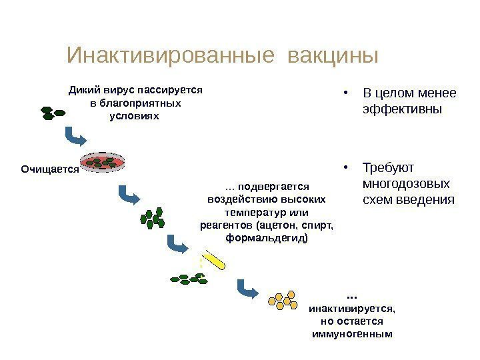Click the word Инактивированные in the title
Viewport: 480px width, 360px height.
(171, 55)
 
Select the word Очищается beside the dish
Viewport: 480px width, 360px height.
(50, 170)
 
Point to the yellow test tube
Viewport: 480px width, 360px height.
(216, 259)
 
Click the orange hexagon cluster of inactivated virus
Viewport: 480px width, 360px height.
(283, 301)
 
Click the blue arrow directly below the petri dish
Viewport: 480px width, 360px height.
(127, 196)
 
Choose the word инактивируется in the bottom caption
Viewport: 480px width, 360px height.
(351, 309)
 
